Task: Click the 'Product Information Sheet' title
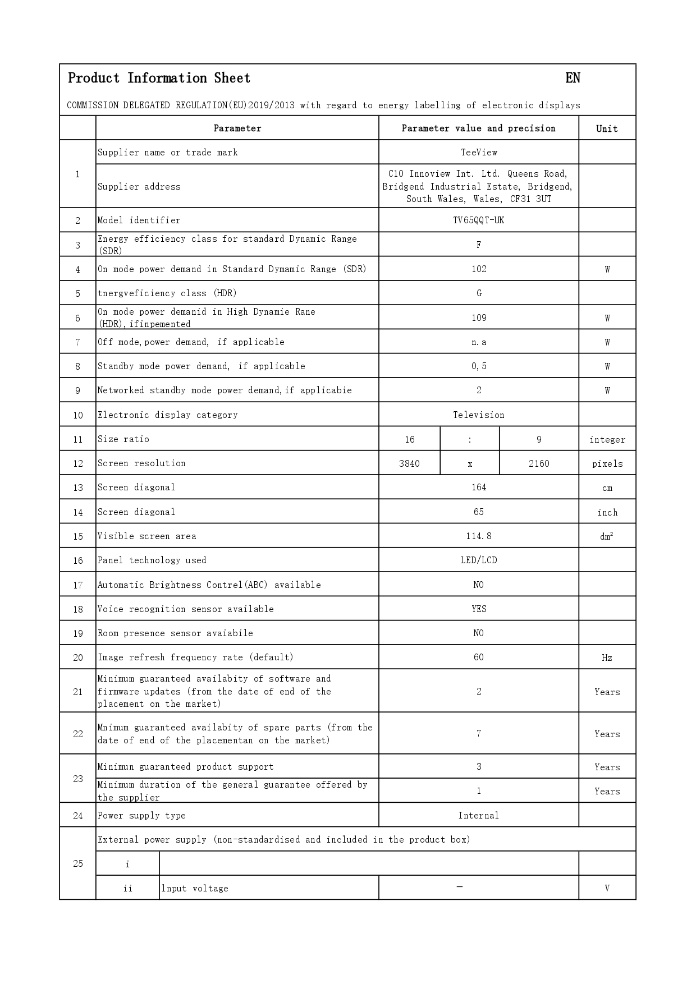point(159,78)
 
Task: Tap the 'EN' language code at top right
point(573,78)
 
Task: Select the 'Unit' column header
point(607,128)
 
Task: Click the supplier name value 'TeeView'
point(479,152)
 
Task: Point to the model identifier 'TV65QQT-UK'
point(479,220)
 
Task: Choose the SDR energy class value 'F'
point(479,245)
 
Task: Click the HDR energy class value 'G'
point(479,293)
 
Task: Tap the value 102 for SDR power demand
point(479,269)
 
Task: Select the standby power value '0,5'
point(479,366)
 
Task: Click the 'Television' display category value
point(479,415)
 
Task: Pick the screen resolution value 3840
point(409,463)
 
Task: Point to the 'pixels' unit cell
point(607,463)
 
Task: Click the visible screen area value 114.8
point(479,536)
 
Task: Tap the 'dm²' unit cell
point(607,536)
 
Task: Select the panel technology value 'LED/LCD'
point(479,560)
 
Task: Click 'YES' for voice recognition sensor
point(479,609)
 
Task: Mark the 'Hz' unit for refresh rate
point(607,657)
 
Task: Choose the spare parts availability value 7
point(479,733)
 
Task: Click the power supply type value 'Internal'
point(479,815)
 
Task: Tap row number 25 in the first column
point(78,863)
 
